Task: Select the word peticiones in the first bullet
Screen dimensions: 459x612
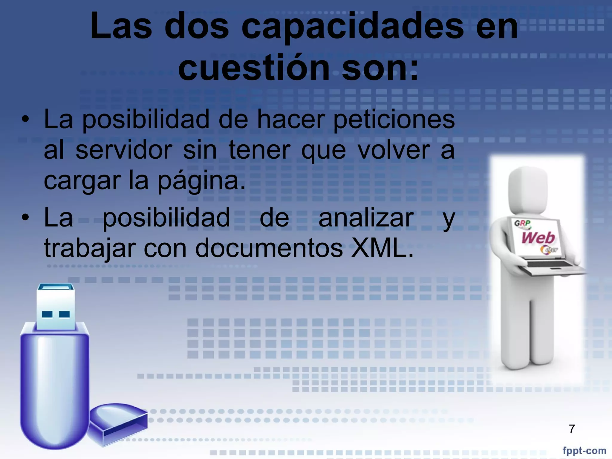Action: click(394, 120)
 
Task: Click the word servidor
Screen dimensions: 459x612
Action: click(124, 150)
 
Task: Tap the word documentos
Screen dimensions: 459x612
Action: click(269, 248)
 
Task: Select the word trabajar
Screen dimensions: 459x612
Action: click(90, 249)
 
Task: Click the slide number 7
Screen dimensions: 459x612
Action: click(572, 429)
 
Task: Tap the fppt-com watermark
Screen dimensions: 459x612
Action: click(584, 450)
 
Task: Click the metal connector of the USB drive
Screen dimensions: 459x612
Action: click(56, 306)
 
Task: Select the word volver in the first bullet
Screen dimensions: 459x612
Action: click(394, 150)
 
